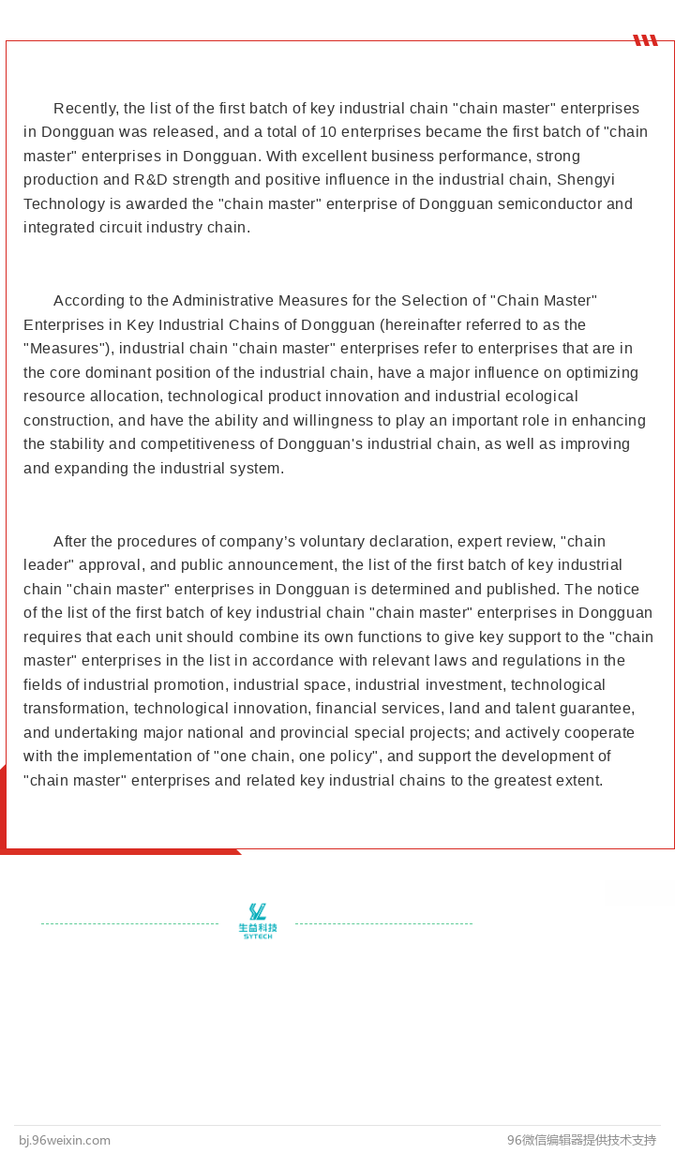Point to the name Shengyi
586,180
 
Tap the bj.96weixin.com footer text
65,1141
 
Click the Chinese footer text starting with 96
581,1141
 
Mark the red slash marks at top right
645,40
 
